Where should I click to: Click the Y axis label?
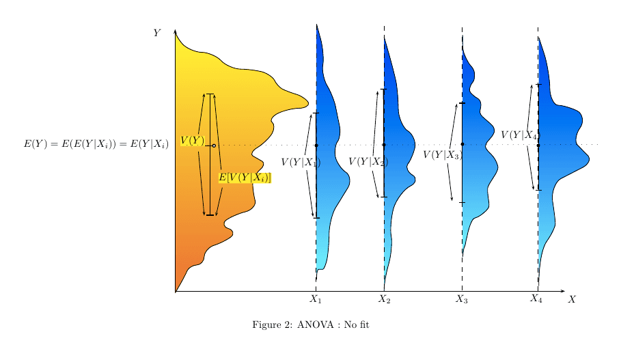click(x=156, y=33)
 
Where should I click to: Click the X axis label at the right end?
click(x=572, y=299)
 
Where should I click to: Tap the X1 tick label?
click(x=315, y=299)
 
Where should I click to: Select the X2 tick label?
click(x=384, y=299)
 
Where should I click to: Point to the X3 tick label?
click(x=462, y=299)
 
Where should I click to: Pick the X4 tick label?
click(x=536, y=298)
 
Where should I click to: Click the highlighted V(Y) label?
click(x=192, y=140)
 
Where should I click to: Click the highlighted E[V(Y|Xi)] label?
click(x=245, y=178)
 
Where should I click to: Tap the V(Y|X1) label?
click(x=301, y=162)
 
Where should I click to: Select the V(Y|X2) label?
click(x=368, y=162)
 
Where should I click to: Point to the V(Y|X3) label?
click(x=442, y=155)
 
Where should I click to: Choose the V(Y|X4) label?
click(x=519, y=135)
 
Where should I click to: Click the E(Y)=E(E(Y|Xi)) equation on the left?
click(x=96, y=144)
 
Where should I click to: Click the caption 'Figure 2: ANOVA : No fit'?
click(x=311, y=324)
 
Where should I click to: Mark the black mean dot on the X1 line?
click(x=316, y=145)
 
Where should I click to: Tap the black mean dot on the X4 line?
click(x=538, y=145)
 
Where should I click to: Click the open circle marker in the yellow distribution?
click(x=214, y=146)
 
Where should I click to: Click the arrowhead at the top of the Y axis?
click(x=176, y=31)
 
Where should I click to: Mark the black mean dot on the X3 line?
click(x=463, y=144)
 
